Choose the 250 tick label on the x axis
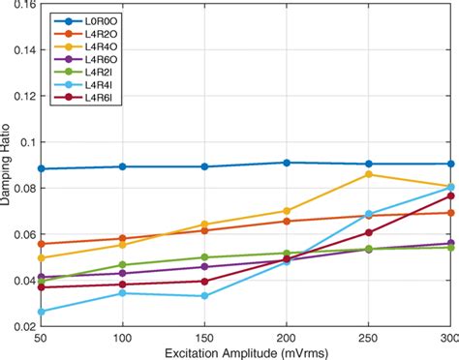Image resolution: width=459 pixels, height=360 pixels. tap(368, 337)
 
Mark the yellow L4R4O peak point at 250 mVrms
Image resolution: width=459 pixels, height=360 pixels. tap(368, 174)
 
